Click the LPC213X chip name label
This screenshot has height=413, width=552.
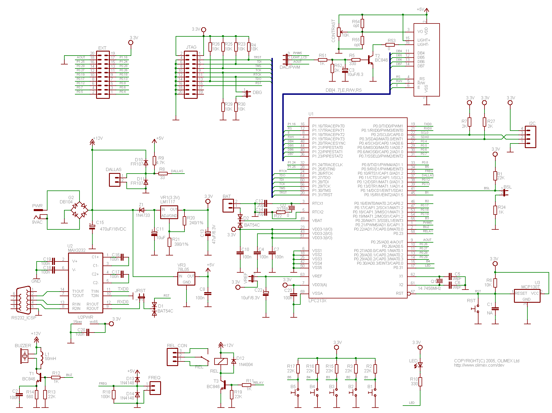click(x=317, y=301)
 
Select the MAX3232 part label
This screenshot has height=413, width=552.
click(x=77, y=250)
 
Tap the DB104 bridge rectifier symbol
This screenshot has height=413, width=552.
click(x=80, y=210)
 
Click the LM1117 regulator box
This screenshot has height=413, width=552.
click(x=169, y=212)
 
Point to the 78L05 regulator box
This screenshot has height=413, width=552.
click(x=186, y=279)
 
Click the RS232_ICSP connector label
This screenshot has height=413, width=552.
click(x=24, y=318)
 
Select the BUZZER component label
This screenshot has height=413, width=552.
click(x=23, y=346)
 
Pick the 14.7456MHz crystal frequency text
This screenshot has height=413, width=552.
click(x=429, y=288)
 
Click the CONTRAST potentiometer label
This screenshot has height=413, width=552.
click(x=333, y=31)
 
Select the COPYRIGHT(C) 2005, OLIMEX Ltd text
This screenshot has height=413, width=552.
click(x=487, y=361)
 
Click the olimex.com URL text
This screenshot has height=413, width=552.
click(x=479, y=365)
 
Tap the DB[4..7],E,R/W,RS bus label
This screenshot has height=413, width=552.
click(x=343, y=90)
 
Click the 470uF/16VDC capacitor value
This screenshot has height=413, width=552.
click(x=113, y=229)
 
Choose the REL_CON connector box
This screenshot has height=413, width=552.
click(x=172, y=357)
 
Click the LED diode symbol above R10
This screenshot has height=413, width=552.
click(x=420, y=365)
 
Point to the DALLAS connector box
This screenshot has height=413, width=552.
click(x=115, y=180)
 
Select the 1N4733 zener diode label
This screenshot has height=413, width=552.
click(x=143, y=215)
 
